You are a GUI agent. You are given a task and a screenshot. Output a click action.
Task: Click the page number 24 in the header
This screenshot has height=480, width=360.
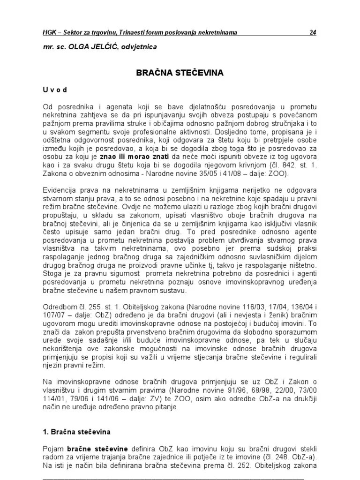click(x=313, y=32)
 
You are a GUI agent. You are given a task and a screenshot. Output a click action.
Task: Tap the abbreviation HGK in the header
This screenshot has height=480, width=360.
click(x=50, y=32)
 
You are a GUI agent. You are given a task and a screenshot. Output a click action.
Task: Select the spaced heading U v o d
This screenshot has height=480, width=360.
click(x=55, y=90)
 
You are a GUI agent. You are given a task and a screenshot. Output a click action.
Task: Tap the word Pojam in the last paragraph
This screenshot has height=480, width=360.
click(x=52, y=449)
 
